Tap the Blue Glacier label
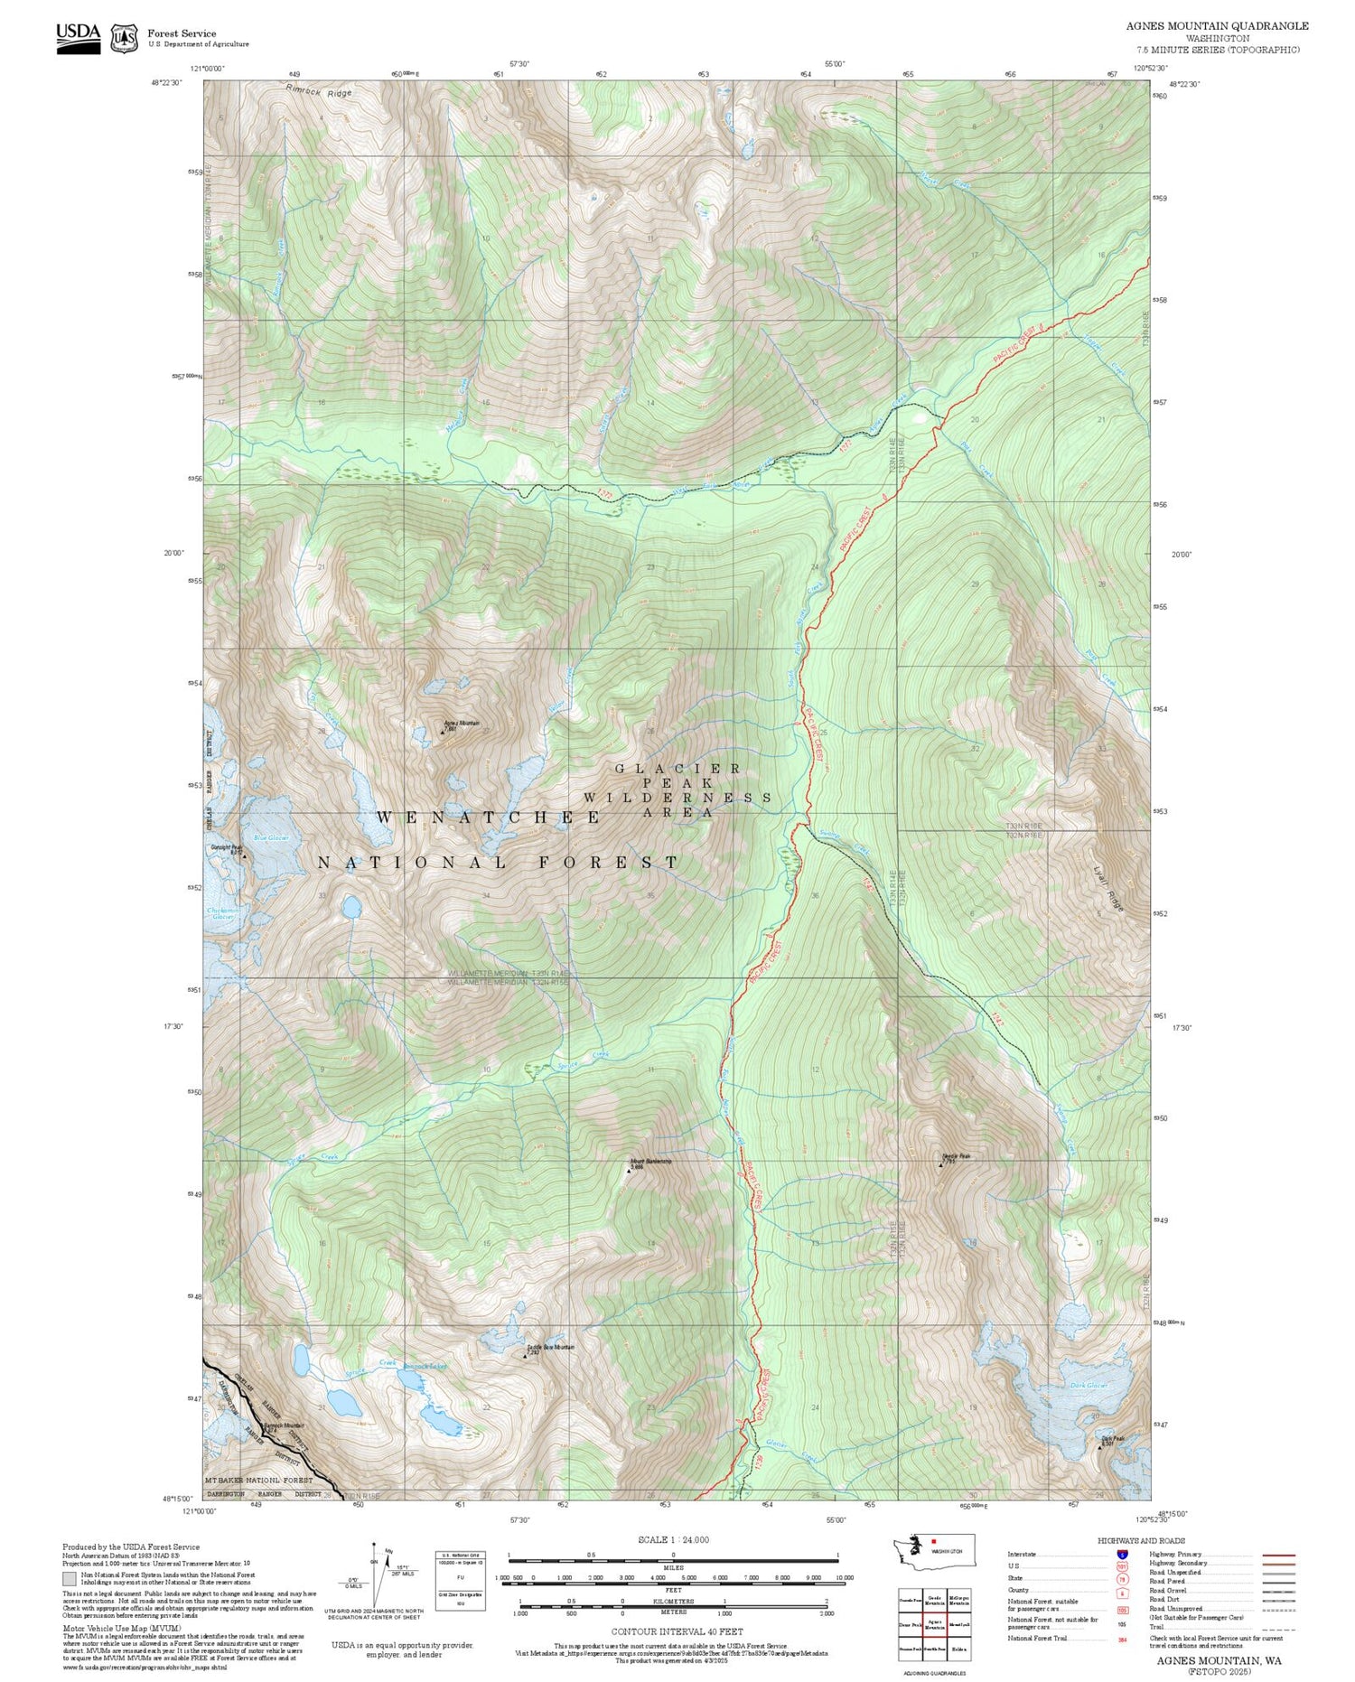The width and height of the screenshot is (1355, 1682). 271,838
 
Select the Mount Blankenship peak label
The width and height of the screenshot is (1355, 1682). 651,1162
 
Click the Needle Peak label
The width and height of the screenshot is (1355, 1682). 956,1156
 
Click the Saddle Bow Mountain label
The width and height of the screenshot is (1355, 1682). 550,1347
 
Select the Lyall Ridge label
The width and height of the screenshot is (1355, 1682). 1110,889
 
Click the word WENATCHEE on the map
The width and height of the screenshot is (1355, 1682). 488,818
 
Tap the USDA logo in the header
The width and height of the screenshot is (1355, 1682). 79,38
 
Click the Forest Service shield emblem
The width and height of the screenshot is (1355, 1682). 124,38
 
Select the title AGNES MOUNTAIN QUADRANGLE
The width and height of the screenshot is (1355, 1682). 1217,26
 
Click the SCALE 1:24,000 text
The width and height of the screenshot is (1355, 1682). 673,1539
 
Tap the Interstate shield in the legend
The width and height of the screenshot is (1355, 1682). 1123,1555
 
